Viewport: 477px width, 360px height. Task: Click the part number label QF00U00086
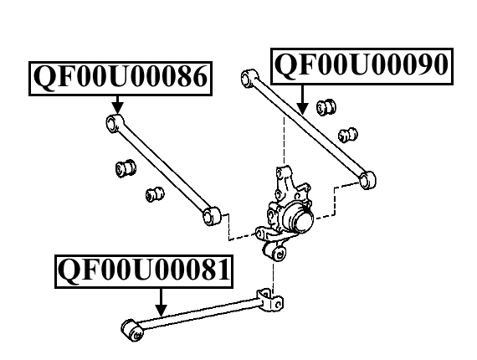[121, 79]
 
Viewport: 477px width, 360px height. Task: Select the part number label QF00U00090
[362, 66]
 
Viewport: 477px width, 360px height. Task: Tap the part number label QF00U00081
[144, 271]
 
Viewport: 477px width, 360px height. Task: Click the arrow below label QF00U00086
[118, 105]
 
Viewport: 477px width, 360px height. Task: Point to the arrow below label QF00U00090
[302, 100]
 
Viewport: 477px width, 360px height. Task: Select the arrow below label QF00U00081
[161, 303]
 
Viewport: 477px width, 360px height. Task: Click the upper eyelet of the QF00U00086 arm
[115, 123]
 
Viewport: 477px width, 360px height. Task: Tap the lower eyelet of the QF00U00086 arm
[212, 216]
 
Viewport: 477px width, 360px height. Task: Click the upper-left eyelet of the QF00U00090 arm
[249, 78]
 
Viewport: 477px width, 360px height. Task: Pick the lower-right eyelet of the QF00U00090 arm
[367, 180]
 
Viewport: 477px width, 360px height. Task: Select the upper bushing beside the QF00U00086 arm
[126, 168]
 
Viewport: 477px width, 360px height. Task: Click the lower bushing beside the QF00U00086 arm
[155, 194]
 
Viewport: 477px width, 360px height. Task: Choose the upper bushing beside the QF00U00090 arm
[326, 107]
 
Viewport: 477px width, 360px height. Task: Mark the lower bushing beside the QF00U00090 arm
[348, 135]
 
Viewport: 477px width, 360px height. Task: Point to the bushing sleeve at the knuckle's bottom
[275, 252]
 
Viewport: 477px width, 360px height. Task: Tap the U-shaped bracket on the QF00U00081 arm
[269, 300]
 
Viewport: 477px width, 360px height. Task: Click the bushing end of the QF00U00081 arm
[132, 330]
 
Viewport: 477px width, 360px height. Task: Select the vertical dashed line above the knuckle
[285, 140]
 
